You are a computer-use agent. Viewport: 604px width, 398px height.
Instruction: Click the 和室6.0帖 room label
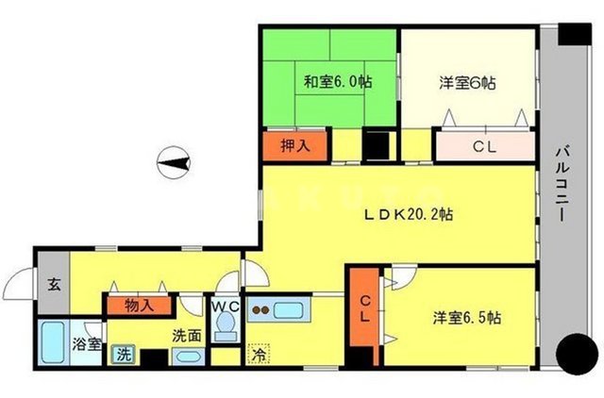[x=337, y=82]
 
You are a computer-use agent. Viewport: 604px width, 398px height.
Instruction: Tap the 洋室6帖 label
[x=467, y=82]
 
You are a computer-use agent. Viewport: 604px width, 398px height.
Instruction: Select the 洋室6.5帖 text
[x=467, y=318]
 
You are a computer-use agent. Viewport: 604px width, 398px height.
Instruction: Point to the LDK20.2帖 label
[x=410, y=214]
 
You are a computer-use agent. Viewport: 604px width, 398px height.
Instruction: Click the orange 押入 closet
[x=295, y=145]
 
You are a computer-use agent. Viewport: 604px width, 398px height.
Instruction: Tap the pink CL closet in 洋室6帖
[x=484, y=146]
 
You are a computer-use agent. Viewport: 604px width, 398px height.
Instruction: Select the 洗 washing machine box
[x=124, y=355]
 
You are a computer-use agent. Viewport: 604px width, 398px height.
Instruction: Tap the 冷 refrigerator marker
[x=259, y=356]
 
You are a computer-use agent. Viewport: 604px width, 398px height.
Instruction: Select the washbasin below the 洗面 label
[x=188, y=357]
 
